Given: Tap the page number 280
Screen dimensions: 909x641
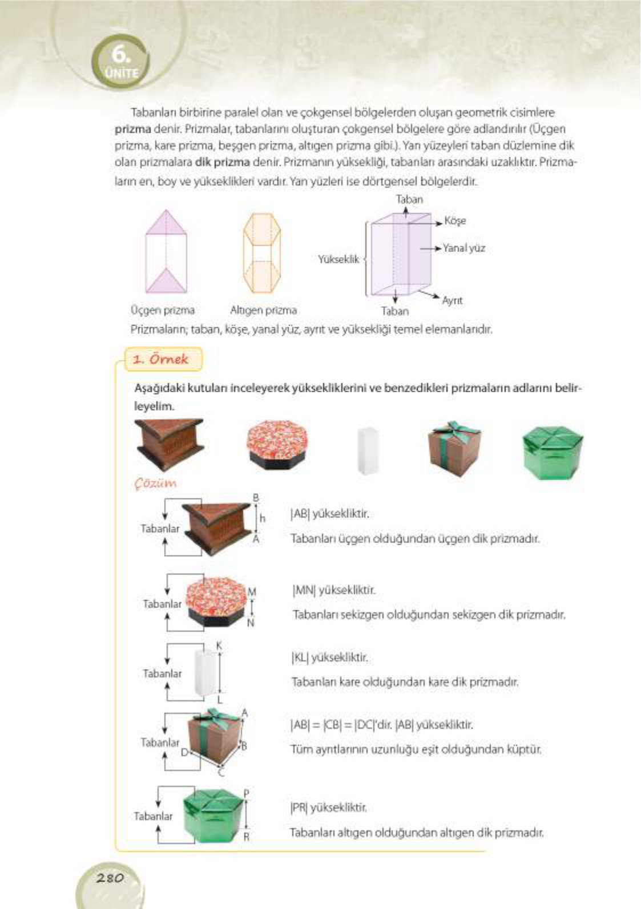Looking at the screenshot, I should (x=110, y=878).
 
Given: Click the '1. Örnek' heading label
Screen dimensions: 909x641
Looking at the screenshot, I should (x=160, y=359).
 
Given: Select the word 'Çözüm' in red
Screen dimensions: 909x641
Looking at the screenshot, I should (x=155, y=483).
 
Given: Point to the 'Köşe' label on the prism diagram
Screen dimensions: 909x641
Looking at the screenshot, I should (x=455, y=221).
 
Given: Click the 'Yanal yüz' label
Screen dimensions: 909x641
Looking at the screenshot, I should (x=464, y=248).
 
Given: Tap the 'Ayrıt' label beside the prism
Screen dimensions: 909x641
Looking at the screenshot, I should (x=452, y=300).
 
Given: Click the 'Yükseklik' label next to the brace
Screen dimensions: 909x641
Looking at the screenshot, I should (x=338, y=259).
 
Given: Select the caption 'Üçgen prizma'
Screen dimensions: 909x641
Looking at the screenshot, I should (x=163, y=310).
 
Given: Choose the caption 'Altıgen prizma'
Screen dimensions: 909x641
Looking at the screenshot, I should (x=263, y=310).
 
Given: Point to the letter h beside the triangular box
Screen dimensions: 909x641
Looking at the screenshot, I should (x=263, y=518).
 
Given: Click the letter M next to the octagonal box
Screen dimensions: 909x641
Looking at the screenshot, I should (x=252, y=592).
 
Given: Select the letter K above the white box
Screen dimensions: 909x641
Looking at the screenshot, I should (x=219, y=646).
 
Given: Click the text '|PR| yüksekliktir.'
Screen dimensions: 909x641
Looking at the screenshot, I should (x=329, y=807).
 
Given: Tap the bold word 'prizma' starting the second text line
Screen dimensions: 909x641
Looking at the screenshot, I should (x=133, y=129).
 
